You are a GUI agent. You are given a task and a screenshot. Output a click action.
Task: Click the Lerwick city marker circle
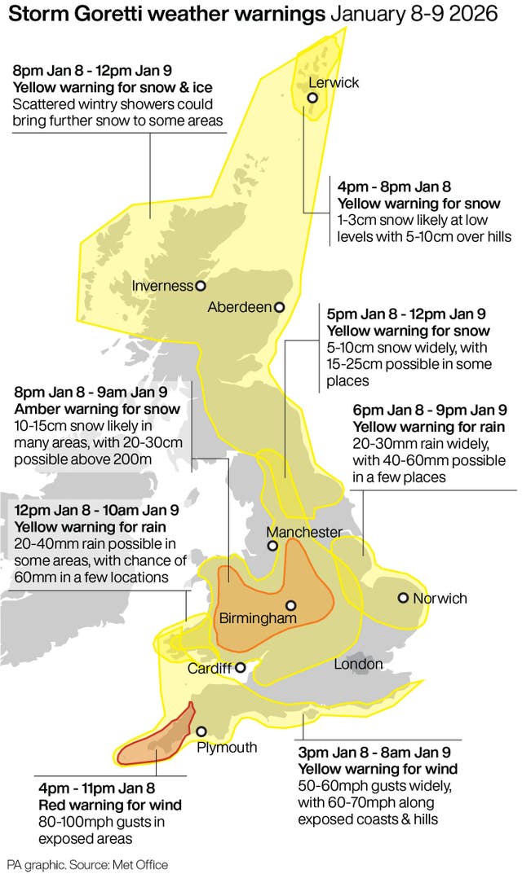tap(312, 99)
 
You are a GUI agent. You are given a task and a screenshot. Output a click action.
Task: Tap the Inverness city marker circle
tap(201, 286)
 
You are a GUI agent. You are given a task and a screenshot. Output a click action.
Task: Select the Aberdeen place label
tap(239, 307)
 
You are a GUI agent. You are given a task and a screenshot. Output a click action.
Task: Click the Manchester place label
tap(305, 532)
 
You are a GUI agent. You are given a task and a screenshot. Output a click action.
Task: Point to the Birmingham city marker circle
tap(290, 605)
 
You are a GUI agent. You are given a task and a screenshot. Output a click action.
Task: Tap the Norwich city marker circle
tap(403, 598)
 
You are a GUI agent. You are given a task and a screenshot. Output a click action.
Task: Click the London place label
tap(358, 665)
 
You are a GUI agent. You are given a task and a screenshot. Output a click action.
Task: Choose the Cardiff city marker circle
tap(241, 668)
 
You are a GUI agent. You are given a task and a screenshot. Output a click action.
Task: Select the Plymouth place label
tap(227, 747)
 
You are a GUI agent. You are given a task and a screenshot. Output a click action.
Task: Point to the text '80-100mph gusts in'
tap(101, 822)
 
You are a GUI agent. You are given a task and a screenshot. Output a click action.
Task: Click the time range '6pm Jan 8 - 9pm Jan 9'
tap(430, 409)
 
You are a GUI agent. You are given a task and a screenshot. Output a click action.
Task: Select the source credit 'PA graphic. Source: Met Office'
tap(88, 864)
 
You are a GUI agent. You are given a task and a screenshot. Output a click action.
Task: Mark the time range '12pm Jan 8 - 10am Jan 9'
tap(96, 511)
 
